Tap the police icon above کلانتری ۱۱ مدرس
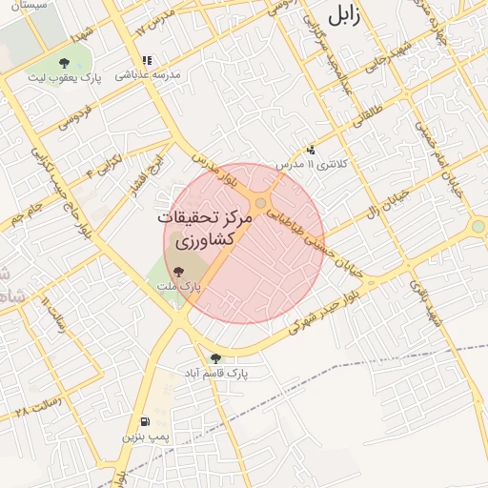311,150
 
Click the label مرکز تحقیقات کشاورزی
207,229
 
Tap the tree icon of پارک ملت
180,272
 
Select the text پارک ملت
176,285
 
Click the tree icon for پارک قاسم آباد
215,358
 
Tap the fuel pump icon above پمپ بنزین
144,421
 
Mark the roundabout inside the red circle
260,202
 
